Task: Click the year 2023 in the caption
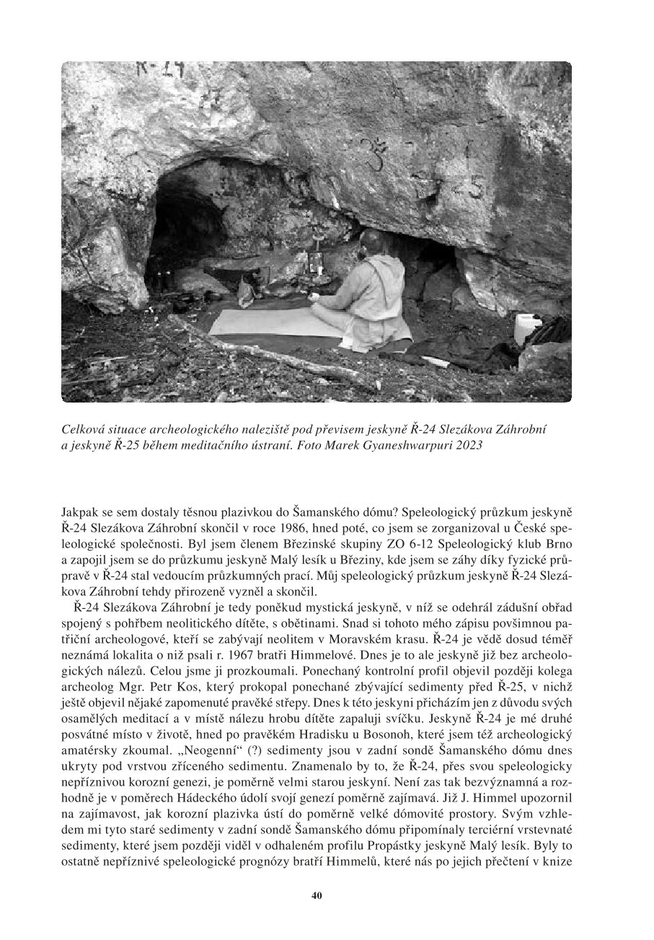coord(463,445)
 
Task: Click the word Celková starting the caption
coord(83,429)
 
